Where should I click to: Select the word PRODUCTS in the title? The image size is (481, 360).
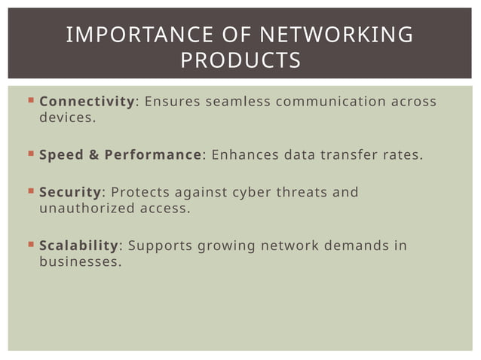pyautogui.click(x=240, y=59)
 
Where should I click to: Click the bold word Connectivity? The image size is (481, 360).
pyautogui.click(x=87, y=102)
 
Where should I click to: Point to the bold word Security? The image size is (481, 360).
pyautogui.click(x=69, y=192)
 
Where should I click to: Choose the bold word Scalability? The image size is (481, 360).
pyautogui.click(x=79, y=246)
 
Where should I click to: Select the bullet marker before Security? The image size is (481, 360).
pyautogui.click(x=29, y=191)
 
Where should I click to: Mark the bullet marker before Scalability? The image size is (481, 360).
pyautogui.click(x=29, y=246)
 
